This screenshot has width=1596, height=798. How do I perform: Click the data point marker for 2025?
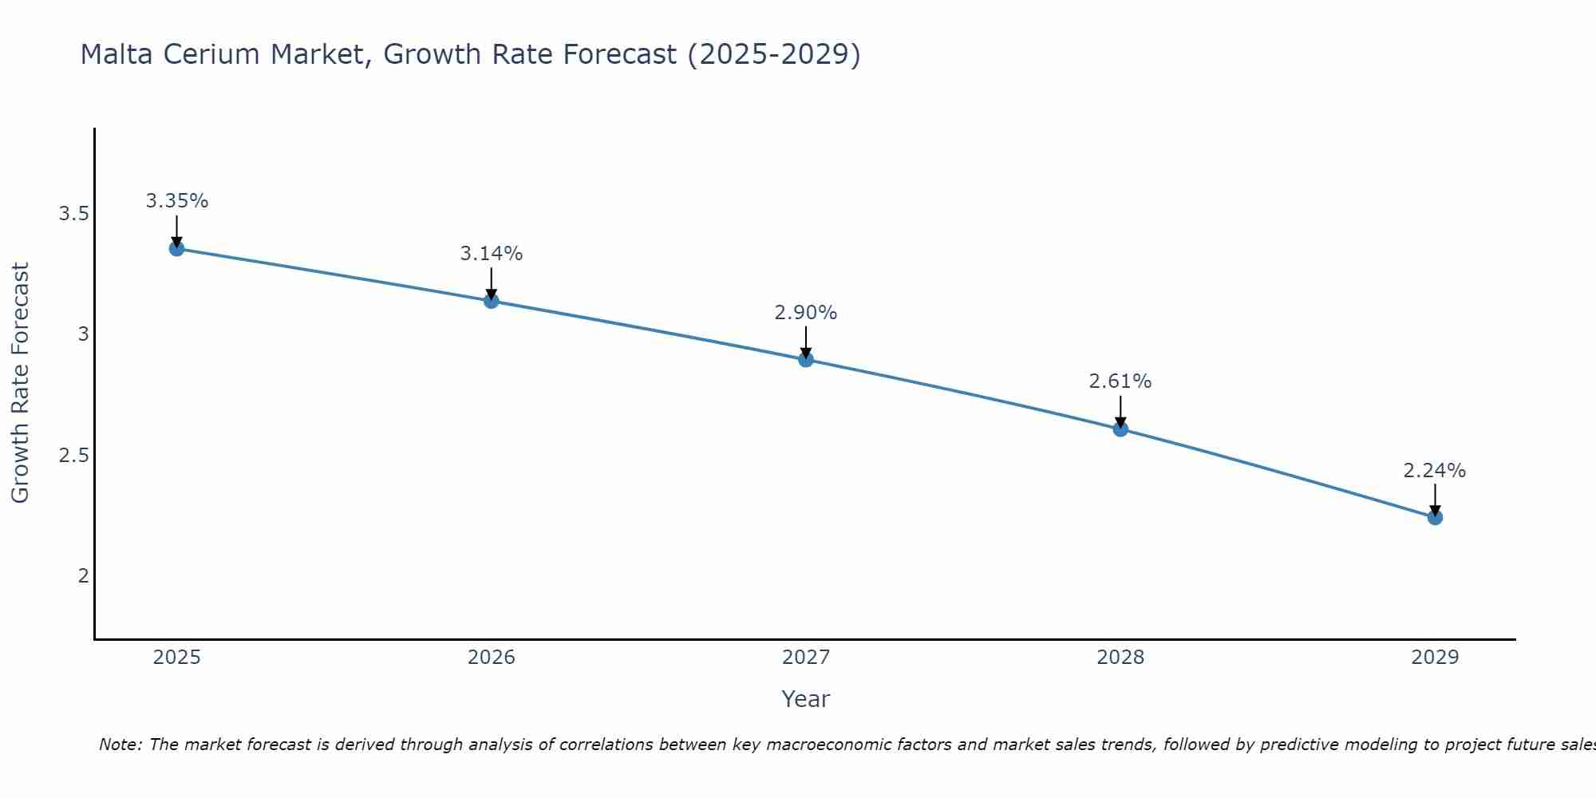[x=176, y=249]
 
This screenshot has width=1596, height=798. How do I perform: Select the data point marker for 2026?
[x=492, y=301]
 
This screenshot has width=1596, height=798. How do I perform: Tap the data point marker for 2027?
[x=806, y=360]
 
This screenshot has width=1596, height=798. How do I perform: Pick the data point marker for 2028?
[x=1120, y=429]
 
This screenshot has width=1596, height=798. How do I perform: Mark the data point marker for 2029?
[x=1435, y=518]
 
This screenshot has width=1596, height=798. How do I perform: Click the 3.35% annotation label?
[x=176, y=201]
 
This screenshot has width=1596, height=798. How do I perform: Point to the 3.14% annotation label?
[x=492, y=254]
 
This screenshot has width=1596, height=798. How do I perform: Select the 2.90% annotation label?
[x=806, y=313]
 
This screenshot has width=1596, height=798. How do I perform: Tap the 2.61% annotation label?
[x=1120, y=381]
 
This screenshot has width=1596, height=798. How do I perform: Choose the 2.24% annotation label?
[x=1435, y=471]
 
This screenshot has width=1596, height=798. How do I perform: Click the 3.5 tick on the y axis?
[x=73, y=214]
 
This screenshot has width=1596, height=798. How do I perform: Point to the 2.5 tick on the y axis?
[x=73, y=456]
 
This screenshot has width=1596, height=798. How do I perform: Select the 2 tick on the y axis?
[x=83, y=576]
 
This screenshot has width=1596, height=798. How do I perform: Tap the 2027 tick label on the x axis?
[x=806, y=658]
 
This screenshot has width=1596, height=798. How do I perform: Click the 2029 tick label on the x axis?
[x=1435, y=658]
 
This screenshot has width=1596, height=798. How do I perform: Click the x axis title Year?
[x=806, y=699]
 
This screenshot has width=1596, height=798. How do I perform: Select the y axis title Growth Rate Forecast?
[x=21, y=383]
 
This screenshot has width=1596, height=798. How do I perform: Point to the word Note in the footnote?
[x=119, y=745]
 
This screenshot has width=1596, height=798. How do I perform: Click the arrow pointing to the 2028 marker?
[x=1120, y=411]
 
